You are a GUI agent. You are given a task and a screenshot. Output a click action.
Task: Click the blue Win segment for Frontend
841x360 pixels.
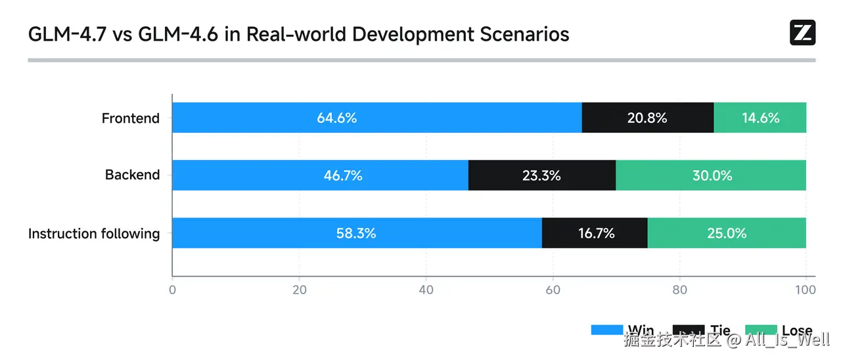click(x=376, y=118)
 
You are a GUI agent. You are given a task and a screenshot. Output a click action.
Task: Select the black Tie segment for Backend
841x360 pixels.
click(x=541, y=175)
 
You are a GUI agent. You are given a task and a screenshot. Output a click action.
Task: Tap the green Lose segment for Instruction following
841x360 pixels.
click(x=727, y=233)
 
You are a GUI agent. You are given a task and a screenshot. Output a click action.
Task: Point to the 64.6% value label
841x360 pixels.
click(x=336, y=118)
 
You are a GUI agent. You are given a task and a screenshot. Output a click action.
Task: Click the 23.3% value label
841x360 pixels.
click(x=542, y=175)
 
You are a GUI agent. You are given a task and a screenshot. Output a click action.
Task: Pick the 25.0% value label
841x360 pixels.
click(x=727, y=233)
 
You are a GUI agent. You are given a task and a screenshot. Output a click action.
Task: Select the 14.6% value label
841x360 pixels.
click(x=760, y=118)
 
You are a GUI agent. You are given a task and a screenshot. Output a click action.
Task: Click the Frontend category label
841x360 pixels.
click(x=130, y=118)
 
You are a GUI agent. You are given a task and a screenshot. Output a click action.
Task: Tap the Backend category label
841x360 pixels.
click(x=132, y=175)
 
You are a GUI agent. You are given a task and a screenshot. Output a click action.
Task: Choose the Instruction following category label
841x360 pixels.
click(x=94, y=233)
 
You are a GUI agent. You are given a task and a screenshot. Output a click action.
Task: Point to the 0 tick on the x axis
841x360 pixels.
click(x=172, y=290)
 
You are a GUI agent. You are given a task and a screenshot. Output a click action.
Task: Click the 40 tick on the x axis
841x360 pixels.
click(x=426, y=290)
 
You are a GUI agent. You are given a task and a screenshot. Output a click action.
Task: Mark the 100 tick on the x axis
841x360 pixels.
click(x=806, y=290)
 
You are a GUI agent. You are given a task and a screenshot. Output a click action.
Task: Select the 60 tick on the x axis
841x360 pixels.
click(x=553, y=290)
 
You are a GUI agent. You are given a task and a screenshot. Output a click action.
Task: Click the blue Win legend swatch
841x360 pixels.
click(x=606, y=330)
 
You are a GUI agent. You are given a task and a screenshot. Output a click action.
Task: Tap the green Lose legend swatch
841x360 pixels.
click(x=760, y=330)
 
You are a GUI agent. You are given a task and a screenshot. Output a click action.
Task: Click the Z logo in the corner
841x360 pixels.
click(x=802, y=33)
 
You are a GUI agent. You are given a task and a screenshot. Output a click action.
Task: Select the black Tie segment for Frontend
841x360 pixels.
click(x=647, y=118)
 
